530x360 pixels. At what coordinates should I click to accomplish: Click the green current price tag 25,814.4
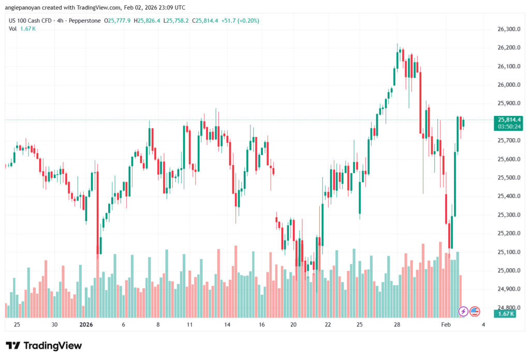point(509,119)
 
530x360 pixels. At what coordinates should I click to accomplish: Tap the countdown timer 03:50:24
point(509,126)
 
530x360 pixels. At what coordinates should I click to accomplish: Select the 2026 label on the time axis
point(85,324)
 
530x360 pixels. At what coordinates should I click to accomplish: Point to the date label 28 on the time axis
point(397,324)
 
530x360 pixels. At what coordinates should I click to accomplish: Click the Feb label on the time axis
point(446,324)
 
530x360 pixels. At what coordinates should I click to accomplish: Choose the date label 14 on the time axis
point(227,324)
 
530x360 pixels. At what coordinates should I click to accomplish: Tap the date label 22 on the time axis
point(328,324)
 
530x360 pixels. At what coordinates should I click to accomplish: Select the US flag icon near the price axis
point(475,311)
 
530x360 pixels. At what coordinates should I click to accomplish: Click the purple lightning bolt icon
point(463,311)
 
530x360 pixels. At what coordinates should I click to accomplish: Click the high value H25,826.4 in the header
point(148,21)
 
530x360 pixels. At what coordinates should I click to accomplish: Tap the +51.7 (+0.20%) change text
point(241,21)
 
